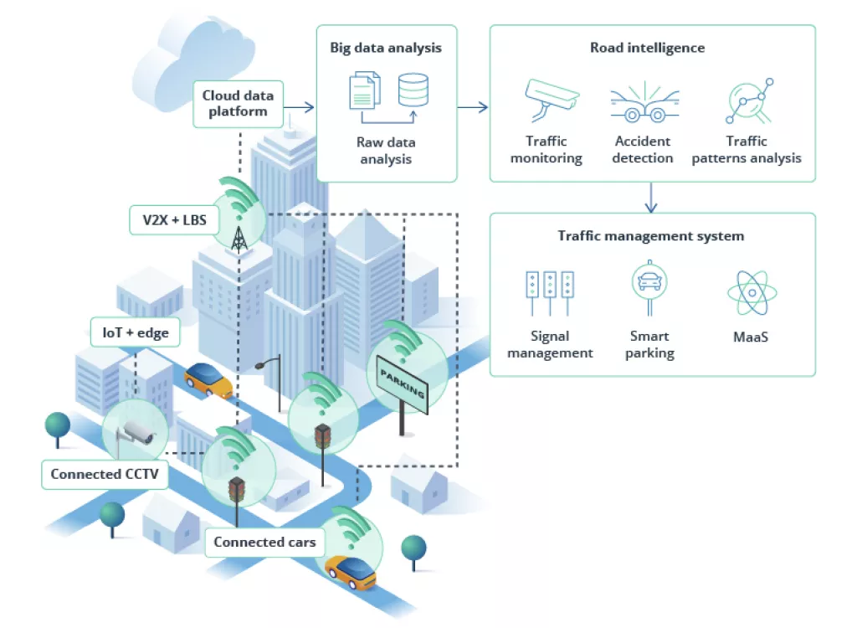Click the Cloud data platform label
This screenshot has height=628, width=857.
click(x=239, y=104)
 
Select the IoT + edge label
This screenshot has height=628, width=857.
click(x=136, y=332)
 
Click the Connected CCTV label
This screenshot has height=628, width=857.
click(x=104, y=474)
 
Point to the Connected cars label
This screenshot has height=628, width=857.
click(x=264, y=542)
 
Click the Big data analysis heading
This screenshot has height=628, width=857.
click(x=386, y=48)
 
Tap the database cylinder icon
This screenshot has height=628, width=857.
click(x=413, y=90)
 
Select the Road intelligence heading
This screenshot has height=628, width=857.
click(x=647, y=48)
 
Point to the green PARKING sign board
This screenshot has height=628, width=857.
click(x=403, y=383)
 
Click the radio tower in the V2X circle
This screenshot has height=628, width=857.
click(x=239, y=236)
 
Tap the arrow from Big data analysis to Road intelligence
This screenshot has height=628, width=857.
click(x=473, y=106)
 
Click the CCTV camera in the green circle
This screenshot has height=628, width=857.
click(x=136, y=432)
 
